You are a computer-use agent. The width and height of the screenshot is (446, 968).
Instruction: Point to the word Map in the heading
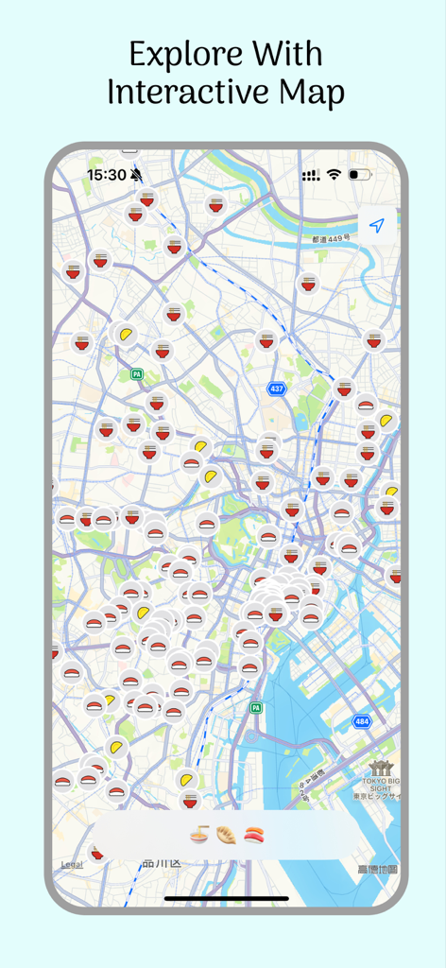point(309,93)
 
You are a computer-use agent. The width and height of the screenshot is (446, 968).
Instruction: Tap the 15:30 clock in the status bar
point(106,175)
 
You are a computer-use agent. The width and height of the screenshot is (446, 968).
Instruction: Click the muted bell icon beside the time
point(137,175)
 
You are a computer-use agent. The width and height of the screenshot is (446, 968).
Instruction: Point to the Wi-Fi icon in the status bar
point(334,175)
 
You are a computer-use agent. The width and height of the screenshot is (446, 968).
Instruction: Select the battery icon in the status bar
point(360,175)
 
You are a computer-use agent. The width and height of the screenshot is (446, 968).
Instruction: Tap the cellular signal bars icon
point(311,176)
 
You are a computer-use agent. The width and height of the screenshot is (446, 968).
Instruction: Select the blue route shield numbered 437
point(276,389)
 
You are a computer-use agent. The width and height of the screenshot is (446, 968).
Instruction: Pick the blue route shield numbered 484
point(362,721)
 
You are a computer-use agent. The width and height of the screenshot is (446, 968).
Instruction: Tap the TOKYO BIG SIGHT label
point(380,781)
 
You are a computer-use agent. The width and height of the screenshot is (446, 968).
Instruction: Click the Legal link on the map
point(72,864)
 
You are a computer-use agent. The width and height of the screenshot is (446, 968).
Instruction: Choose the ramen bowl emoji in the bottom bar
point(199,835)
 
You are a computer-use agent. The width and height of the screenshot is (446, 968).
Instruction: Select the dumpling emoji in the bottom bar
point(227,835)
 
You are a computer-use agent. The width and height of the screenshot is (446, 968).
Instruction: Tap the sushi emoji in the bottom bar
point(254,835)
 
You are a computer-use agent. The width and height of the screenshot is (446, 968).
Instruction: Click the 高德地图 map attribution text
point(377,869)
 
